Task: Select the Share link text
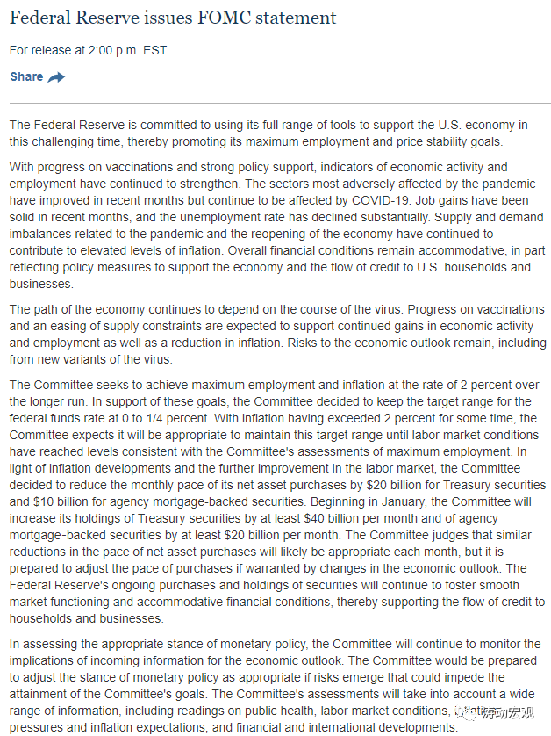[26, 76]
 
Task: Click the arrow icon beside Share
[56, 77]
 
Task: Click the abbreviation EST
[154, 50]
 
